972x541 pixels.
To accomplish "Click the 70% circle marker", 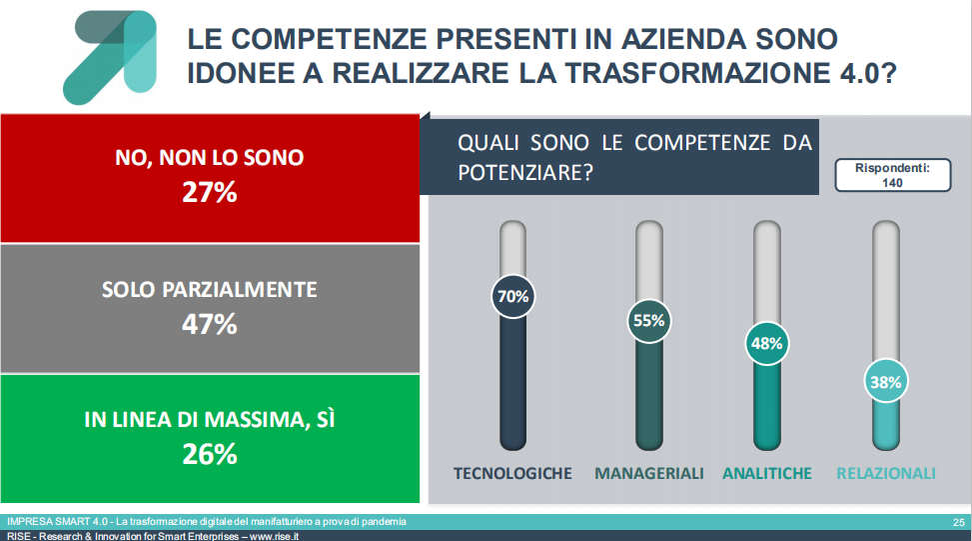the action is (x=513, y=297).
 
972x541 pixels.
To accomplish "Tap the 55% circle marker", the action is (x=649, y=321).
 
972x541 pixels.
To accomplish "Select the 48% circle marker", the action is (x=767, y=343).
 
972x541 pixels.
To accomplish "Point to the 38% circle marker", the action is (x=886, y=382).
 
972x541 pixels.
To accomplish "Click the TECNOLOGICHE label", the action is (x=512, y=473).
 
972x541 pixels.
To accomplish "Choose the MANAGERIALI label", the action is (x=649, y=473).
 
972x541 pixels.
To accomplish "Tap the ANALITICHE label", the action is (x=767, y=473).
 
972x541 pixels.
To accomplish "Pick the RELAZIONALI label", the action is (x=886, y=473).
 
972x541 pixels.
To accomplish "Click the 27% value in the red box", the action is (x=210, y=192).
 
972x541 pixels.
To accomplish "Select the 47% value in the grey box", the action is (x=210, y=324).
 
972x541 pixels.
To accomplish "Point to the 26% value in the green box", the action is (x=210, y=455).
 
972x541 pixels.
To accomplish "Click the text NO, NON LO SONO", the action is (x=210, y=158).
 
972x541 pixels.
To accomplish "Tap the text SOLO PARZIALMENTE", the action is (x=210, y=290).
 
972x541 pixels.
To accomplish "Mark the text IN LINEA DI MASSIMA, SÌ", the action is (x=210, y=419).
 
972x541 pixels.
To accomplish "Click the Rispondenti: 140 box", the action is (x=893, y=175).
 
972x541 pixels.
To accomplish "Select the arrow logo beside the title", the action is (x=110, y=57).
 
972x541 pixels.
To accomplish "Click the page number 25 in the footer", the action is (x=959, y=522).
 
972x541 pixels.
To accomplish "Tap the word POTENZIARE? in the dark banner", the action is (x=525, y=172).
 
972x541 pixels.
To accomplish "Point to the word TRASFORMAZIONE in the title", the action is (x=698, y=73).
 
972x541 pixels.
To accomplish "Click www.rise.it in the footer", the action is (x=275, y=536).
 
